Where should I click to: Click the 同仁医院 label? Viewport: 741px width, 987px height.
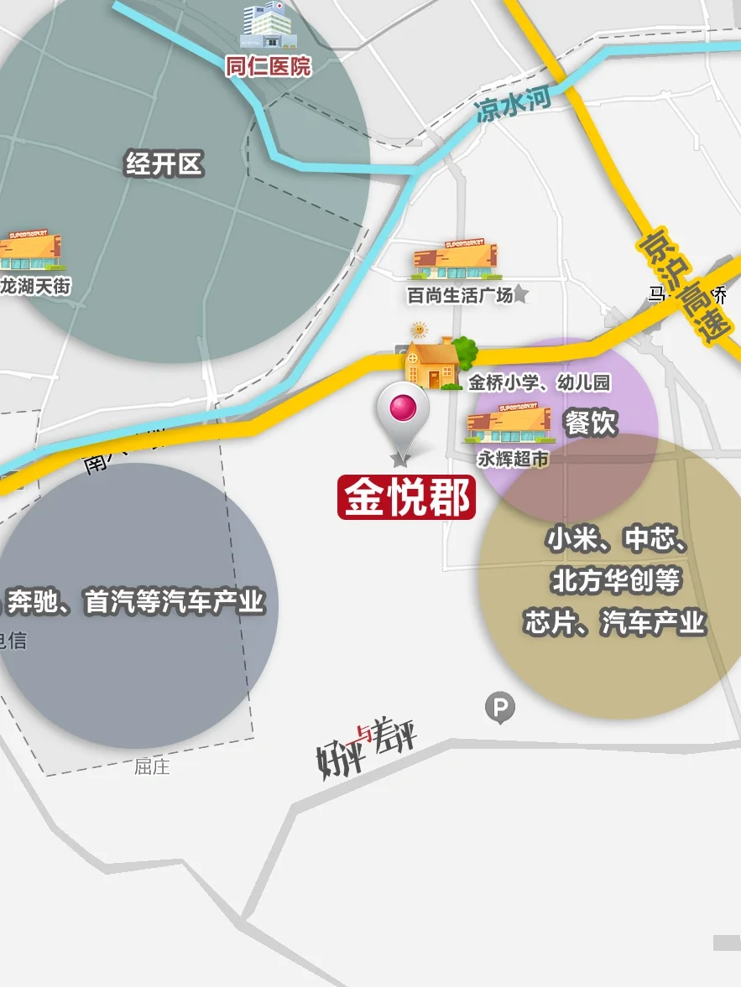268,66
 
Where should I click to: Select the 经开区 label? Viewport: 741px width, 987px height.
164,164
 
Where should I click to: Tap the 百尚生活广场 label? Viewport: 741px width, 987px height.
460,295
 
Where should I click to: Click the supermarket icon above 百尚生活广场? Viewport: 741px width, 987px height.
457,261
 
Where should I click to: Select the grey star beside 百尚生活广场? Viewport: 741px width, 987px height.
520,294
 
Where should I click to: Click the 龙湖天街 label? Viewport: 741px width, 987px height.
35,286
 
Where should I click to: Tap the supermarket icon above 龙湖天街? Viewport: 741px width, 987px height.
30,251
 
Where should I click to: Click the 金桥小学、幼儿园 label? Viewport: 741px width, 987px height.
539,383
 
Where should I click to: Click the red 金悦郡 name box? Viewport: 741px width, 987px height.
407,498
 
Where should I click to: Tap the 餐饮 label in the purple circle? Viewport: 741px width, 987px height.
591,423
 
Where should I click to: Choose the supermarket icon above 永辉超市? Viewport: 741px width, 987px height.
509,425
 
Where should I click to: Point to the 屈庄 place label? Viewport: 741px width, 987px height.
152,766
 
